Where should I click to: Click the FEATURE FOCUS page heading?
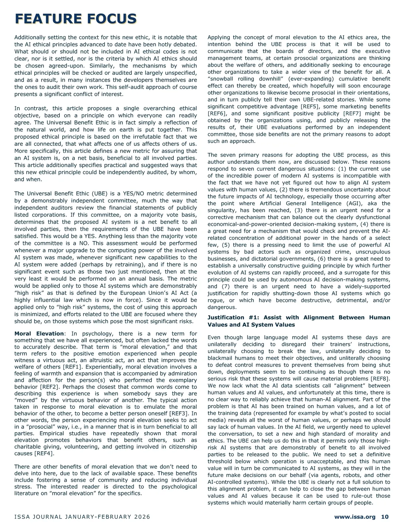tap(75, 18)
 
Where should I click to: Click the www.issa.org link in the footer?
tap(355, 517)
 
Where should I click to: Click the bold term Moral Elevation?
tap(39, 333)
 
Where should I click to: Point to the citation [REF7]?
tap(355, 113)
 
